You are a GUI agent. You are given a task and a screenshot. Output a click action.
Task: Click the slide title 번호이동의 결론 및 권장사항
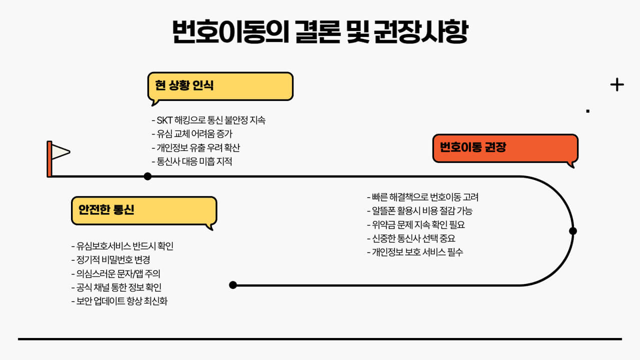(x=320, y=32)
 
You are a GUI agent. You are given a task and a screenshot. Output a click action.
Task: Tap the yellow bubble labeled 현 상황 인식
(x=220, y=86)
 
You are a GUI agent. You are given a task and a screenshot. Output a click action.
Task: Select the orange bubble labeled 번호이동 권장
(x=505, y=148)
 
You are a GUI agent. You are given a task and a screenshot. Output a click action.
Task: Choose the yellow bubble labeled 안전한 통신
(x=144, y=210)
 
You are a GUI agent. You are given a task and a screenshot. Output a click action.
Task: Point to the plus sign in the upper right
(x=617, y=85)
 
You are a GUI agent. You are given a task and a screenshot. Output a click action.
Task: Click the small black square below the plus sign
(x=588, y=111)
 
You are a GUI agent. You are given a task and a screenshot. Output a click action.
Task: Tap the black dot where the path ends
(x=232, y=285)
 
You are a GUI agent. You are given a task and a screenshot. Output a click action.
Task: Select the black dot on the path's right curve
(x=573, y=231)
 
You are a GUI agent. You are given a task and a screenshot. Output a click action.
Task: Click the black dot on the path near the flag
(x=147, y=176)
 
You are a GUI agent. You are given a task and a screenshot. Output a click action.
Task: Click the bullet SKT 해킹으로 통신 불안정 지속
(x=208, y=120)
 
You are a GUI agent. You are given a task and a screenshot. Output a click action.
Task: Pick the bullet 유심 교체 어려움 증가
(x=192, y=134)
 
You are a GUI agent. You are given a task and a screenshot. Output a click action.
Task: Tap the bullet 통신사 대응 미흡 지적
(x=191, y=161)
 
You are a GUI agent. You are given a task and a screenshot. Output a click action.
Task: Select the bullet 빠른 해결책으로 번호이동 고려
(x=422, y=197)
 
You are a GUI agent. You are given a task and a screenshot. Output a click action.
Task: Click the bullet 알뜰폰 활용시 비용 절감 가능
(x=419, y=210)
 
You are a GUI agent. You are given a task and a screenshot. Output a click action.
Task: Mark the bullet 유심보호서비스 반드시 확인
(x=122, y=246)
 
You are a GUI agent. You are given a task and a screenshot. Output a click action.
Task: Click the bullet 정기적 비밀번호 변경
(x=111, y=260)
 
